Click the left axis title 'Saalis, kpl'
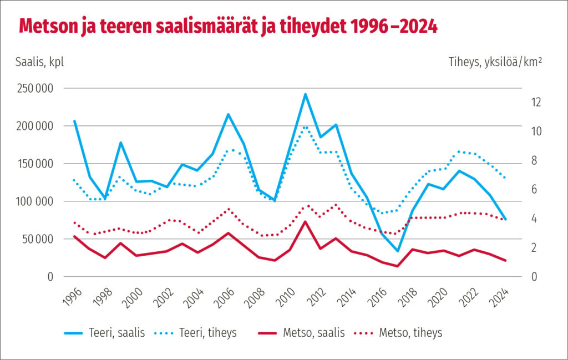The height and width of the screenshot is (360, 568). (x=40, y=62)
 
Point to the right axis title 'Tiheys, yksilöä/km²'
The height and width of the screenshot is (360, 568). (x=495, y=62)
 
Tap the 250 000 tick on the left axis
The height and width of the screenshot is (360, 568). (x=34, y=88)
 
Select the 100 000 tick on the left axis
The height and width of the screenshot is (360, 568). (x=34, y=201)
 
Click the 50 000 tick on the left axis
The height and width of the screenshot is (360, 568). (x=37, y=239)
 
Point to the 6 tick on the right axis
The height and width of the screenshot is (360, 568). (x=534, y=190)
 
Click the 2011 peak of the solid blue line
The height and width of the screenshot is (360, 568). (x=305, y=94)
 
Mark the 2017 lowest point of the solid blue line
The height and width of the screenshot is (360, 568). (x=398, y=251)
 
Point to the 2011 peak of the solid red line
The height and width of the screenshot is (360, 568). (x=305, y=221)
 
